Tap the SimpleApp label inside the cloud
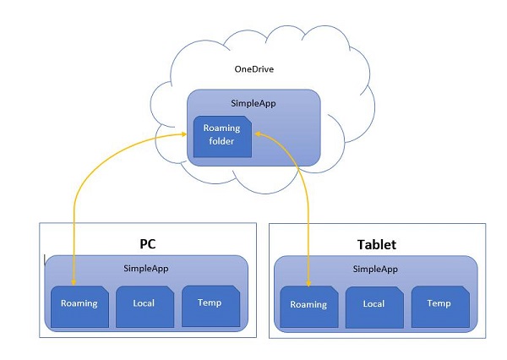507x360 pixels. (252, 103)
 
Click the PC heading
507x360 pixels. (148, 243)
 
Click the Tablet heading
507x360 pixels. (378, 245)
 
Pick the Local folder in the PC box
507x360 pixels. (144, 305)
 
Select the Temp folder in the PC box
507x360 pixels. (210, 305)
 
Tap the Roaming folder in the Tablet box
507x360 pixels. (308, 306)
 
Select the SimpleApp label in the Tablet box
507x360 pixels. (377, 268)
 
